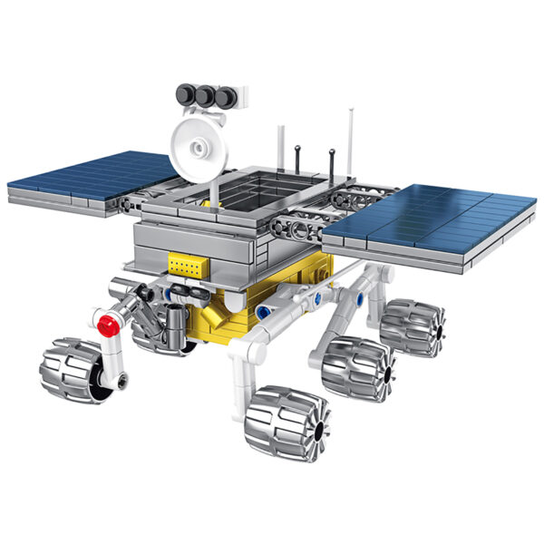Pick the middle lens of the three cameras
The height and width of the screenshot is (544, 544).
(x=206, y=94)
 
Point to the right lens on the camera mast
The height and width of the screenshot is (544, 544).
(x=223, y=94)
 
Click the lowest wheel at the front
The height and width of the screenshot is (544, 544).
(x=287, y=422)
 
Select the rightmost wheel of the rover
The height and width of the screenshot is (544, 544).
(x=413, y=326)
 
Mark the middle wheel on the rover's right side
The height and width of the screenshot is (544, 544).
(x=359, y=367)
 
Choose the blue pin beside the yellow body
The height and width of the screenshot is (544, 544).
(x=264, y=312)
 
